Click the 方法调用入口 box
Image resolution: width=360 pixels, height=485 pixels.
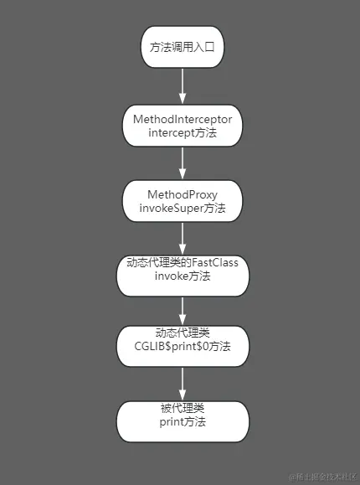tap(182, 48)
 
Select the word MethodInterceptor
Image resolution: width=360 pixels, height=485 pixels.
tap(183, 119)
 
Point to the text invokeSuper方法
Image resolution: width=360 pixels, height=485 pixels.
tap(182, 208)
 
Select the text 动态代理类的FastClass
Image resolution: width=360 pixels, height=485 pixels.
tap(183, 263)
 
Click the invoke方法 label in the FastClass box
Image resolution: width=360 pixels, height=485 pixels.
tap(183, 277)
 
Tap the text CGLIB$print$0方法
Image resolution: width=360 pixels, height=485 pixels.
tap(183, 345)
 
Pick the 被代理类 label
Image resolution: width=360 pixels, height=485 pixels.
tap(182, 408)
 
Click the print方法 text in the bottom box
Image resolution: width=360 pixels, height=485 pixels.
tap(182, 422)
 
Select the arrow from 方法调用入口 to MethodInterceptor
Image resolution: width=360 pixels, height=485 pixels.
tap(183, 84)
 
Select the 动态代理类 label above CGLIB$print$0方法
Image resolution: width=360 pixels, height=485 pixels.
tap(182, 332)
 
